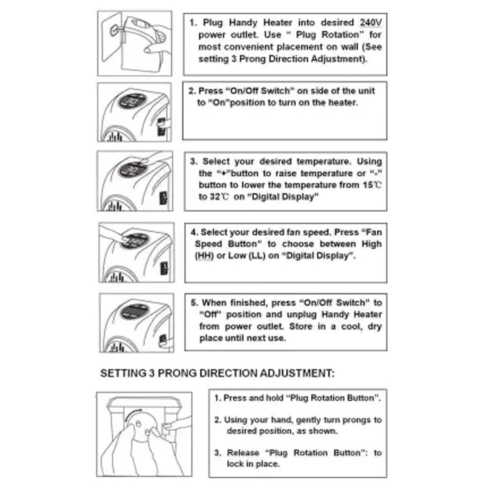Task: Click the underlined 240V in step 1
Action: pyautogui.click(x=371, y=23)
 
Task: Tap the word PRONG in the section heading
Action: pyautogui.click(x=177, y=373)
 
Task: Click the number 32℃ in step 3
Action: pyautogui.click(x=219, y=197)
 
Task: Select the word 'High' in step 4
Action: pyautogui.click(x=371, y=244)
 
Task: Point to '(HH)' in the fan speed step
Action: pyautogui.click(x=204, y=256)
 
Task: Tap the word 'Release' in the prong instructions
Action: pyautogui.click(x=243, y=453)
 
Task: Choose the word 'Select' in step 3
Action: pyautogui.click(x=216, y=162)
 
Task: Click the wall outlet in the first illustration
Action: pyautogui.click(x=114, y=31)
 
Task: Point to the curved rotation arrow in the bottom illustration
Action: pyautogui.click(x=131, y=414)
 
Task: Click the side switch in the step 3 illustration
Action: pyautogui.click(x=163, y=198)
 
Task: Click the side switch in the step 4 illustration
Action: pyautogui.click(x=164, y=269)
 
